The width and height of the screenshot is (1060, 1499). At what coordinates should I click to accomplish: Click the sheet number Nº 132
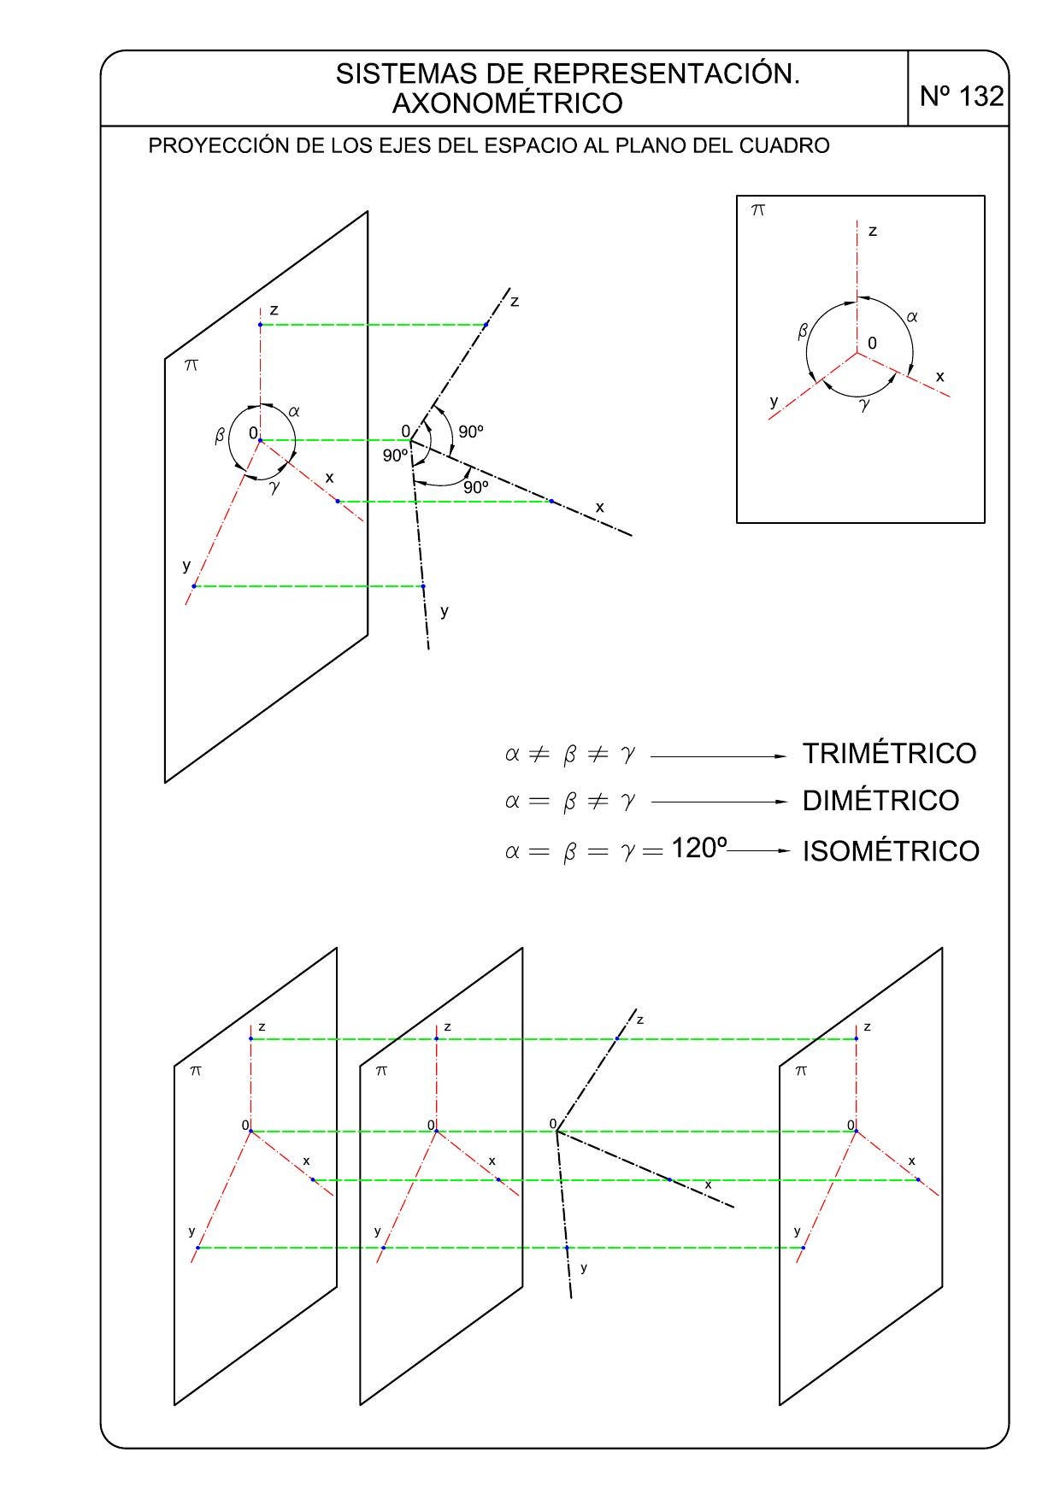961,97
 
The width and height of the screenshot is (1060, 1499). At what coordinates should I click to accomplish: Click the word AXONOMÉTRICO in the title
507,103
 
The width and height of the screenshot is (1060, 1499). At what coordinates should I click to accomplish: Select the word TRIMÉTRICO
889,754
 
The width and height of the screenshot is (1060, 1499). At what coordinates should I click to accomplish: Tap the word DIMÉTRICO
880,801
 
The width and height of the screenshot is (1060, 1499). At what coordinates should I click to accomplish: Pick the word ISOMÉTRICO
891,851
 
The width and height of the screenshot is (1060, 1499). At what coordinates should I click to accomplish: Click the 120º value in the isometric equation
699,849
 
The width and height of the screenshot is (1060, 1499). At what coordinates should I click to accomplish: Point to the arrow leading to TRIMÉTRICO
718,756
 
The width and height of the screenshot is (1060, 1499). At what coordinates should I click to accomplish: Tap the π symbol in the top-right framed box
757,209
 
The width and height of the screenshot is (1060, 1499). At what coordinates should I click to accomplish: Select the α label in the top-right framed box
912,316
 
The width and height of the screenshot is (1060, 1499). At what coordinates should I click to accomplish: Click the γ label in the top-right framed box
865,404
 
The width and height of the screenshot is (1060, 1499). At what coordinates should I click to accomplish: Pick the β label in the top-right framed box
803,331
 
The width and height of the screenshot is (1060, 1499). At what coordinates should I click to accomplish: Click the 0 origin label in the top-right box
872,343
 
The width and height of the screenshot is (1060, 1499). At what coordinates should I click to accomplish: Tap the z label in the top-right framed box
872,231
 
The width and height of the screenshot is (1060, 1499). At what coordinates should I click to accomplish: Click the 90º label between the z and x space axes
471,432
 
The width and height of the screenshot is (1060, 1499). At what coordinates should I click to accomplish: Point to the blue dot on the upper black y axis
423,586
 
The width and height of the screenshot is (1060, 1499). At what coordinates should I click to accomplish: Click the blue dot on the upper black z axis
486,325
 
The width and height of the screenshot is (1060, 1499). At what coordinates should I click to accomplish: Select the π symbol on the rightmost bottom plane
801,1070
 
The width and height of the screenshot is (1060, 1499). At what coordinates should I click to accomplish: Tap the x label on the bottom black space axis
708,1185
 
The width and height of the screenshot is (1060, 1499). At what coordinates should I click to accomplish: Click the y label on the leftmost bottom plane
191,1232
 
